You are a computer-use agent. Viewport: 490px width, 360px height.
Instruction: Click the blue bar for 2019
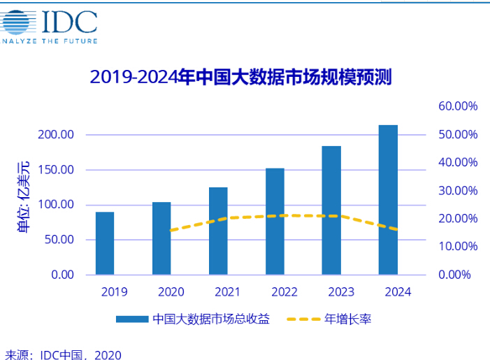tap(105, 243)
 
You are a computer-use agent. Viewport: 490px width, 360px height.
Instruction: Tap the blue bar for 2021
tap(218, 231)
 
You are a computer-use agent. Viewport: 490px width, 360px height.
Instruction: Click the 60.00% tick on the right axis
tap(458, 106)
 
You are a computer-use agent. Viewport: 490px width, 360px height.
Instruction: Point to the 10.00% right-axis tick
tap(458, 246)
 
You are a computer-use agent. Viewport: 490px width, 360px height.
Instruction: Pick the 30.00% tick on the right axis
tap(458, 190)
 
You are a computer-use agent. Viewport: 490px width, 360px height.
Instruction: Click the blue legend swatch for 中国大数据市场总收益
tap(133, 319)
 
